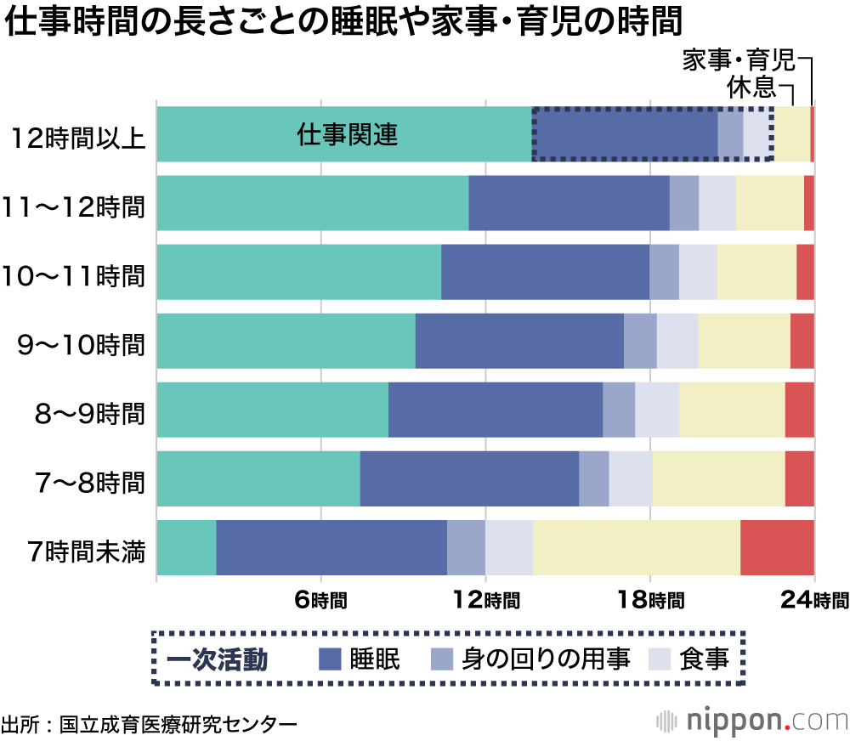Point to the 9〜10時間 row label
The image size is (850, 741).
[82, 345]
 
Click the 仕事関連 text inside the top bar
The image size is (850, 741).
[348, 135]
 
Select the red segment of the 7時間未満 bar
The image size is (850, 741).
[777, 547]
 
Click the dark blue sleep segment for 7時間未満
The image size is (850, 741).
[331, 547]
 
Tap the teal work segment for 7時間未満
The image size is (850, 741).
[186, 547]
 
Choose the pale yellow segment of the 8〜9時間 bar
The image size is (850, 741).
[732, 410]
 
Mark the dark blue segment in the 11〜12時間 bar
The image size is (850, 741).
[569, 203]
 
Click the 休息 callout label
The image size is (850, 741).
[751, 87]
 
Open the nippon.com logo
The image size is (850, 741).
[752, 721]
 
